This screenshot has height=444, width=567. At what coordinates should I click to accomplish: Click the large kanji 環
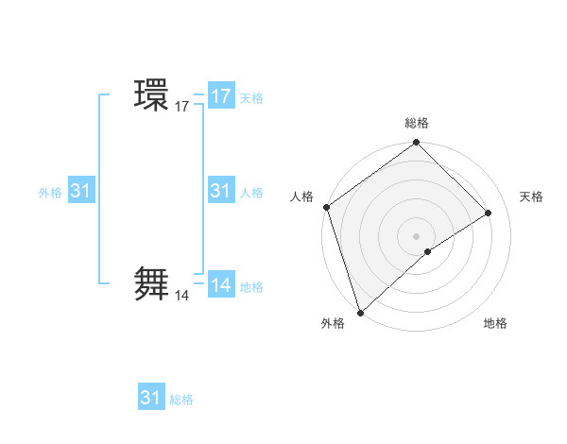coord(151,95)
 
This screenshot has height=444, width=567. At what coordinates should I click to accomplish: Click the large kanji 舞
coord(151,283)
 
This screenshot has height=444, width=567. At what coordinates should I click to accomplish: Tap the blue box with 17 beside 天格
coord(221,96)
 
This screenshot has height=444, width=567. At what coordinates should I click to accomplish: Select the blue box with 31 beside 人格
coord(221,191)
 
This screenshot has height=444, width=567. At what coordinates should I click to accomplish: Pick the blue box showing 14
coord(221,285)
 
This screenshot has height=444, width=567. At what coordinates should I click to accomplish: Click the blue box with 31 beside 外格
coord(81,191)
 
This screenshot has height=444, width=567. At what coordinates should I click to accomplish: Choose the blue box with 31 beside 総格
coord(151,398)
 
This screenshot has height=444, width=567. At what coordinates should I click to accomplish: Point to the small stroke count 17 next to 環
coord(181,108)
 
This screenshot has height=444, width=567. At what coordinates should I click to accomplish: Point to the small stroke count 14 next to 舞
coord(181,296)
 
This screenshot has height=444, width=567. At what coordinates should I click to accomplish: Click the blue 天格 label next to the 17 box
coord(251,98)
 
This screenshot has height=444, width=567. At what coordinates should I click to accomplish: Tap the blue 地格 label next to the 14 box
coord(251,287)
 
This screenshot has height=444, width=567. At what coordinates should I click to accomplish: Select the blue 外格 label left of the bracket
coord(50,193)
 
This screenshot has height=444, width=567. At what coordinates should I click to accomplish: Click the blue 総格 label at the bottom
coord(181,400)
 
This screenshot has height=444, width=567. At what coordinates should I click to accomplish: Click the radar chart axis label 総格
coord(417,124)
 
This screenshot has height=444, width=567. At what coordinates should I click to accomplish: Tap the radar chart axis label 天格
coord(532,196)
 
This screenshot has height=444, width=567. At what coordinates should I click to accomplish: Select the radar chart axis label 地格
coord(495,324)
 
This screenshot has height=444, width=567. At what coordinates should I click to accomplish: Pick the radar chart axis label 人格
coord(302,196)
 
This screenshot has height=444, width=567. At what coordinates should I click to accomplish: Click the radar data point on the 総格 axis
coord(417,144)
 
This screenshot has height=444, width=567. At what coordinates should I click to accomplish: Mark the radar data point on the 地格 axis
coord(428,251)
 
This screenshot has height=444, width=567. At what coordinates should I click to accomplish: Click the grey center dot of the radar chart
coord(417,235)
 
